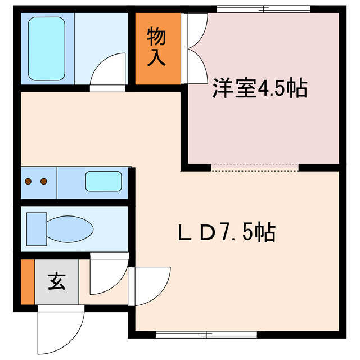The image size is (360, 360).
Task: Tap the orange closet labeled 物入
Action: (157, 48)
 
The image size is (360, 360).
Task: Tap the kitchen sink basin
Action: (103, 182)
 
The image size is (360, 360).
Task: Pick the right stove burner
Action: (43, 181)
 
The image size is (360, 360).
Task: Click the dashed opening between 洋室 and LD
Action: (255, 166)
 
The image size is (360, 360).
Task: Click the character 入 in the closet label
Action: (157, 58)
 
